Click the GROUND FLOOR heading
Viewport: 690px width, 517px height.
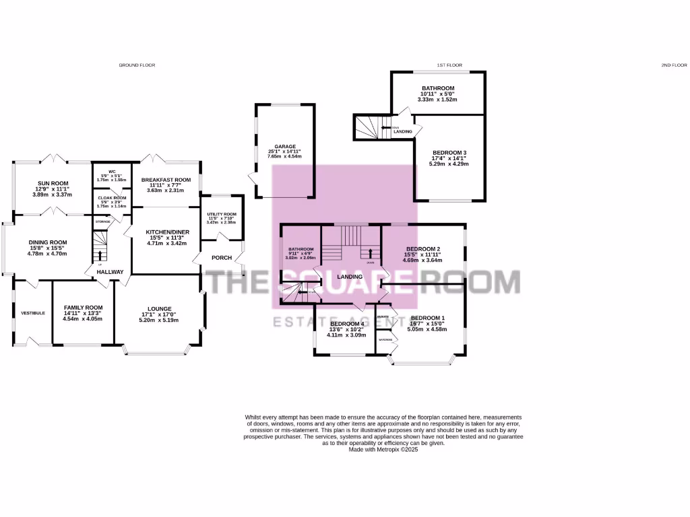[x=137, y=65]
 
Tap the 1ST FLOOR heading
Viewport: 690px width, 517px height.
[x=449, y=65]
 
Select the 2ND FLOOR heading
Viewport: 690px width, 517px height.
[x=673, y=65]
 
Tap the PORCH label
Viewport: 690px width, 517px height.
[x=222, y=258]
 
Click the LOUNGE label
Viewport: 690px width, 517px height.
[x=160, y=309]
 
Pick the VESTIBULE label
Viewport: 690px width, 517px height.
[x=32, y=313]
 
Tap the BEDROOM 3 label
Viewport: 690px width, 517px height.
[x=449, y=152]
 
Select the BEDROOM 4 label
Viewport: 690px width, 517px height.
[x=346, y=324]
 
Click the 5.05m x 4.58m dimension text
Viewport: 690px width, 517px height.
[x=429, y=330]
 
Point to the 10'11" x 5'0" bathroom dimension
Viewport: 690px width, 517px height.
[x=438, y=94]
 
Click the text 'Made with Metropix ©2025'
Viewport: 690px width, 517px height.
[x=383, y=449]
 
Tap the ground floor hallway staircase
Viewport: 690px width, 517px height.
[x=100, y=246]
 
